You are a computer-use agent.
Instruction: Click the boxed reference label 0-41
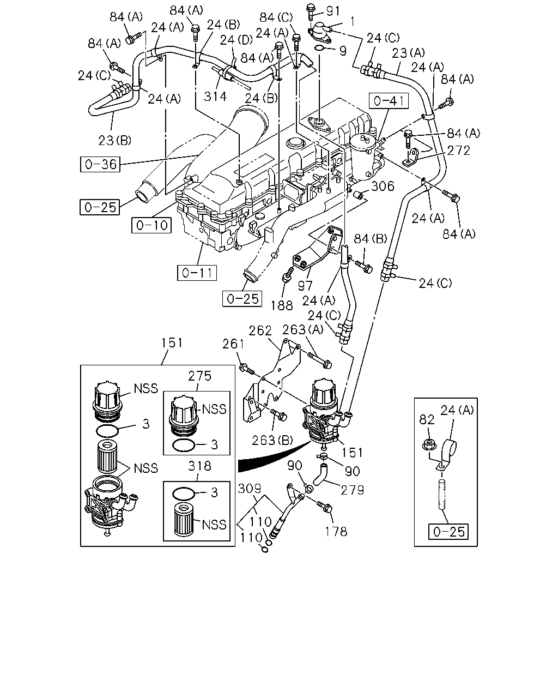[389, 101]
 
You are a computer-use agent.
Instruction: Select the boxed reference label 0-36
[100, 164]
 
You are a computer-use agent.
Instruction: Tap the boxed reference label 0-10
[151, 225]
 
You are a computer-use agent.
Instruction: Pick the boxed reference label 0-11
[197, 273]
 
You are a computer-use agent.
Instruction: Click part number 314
[215, 97]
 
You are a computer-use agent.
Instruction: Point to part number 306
[383, 186]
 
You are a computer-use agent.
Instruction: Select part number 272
[458, 150]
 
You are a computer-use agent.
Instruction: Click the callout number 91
[333, 11]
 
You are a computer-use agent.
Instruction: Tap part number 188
[282, 305]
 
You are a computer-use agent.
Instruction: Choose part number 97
[305, 286]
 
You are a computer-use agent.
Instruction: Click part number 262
[260, 330]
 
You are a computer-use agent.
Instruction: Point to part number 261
[233, 344]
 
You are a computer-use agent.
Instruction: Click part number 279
[353, 490]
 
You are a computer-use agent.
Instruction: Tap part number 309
[250, 488]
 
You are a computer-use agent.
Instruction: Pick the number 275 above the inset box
[200, 376]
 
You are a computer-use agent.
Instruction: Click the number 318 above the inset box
[200, 466]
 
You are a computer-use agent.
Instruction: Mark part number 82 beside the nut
[427, 420]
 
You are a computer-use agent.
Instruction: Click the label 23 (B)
[115, 141]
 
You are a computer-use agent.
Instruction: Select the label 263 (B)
[272, 440]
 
